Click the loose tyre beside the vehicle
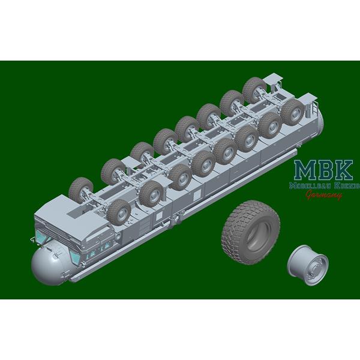(250, 232)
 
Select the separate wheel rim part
(308, 265)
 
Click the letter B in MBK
(325, 170)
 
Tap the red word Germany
(324, 196)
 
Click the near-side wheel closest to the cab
(119, 212)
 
